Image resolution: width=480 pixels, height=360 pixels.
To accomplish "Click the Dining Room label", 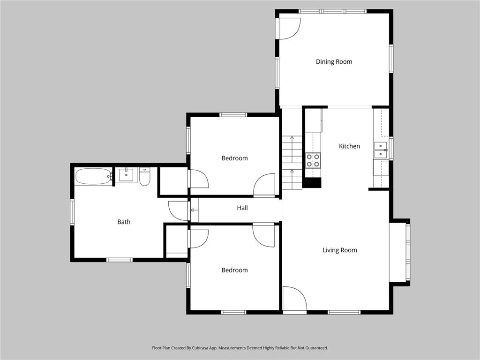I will pyautogui.click(x=334, y=62).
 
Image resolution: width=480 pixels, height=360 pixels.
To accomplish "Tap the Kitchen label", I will pyautogui.click(x=349, y=146).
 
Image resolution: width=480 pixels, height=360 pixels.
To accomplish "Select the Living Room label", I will pyautogui.click(x=339, y=250).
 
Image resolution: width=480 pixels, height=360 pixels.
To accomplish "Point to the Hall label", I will pyautogui.click(x=242, y=208).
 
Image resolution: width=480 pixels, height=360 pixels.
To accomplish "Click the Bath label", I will pyautogui.click(x=124, y=222).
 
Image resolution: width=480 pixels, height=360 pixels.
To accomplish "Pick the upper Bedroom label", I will pyautogui.click(x=234, y=158).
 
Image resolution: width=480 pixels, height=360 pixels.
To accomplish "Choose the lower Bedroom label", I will pyautogui.click(x=234, y=270).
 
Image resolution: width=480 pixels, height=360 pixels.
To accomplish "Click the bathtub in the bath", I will pyautogui.click(x=93, y=177).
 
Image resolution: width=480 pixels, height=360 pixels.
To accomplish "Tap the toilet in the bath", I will pyautogui.click(x=144, y=177).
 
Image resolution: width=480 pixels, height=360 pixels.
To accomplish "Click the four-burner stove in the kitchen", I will pyautogui.click(x=313, y=160).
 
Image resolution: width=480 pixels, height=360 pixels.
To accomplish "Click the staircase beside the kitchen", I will pyautogui.click(x=292, y=162).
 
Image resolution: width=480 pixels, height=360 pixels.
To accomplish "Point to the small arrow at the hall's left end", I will pyautogui.click(x=192, y=210).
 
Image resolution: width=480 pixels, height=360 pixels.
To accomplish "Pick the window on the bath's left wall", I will pyautogui.click(x=72, y=212).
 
